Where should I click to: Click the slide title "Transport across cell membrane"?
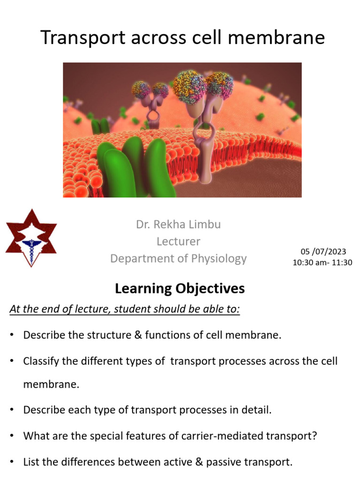(182, 37)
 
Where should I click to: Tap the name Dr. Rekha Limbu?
(178, 225)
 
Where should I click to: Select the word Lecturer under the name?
(178, 241)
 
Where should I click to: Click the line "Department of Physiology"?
(178, 258)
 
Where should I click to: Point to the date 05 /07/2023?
(322, 252)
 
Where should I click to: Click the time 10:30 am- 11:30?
(322, 262)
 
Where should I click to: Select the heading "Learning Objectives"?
(180, 289)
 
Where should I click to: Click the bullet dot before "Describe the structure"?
(12, 336)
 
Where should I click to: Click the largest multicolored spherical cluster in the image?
(189, 86)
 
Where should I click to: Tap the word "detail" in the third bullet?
(257, 410)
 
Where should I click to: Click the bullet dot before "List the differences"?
(12, 462)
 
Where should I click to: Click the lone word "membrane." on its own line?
(52, 385)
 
